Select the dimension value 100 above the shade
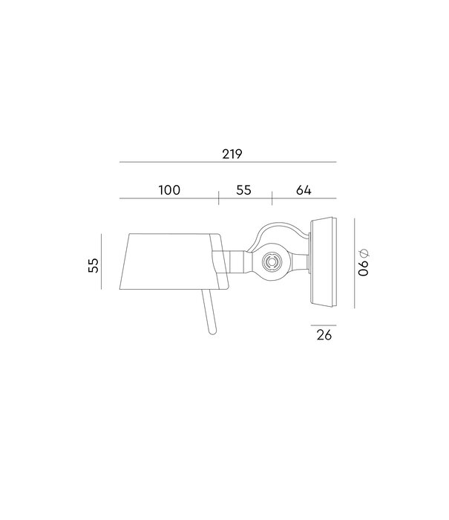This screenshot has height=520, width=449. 168,190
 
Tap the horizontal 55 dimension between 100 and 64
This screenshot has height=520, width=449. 243,190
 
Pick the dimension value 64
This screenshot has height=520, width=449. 303,190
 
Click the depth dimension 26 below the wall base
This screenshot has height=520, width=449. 324,335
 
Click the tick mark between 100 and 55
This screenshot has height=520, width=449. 219,198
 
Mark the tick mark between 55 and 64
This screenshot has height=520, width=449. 272,198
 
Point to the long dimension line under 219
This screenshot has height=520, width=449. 228,163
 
